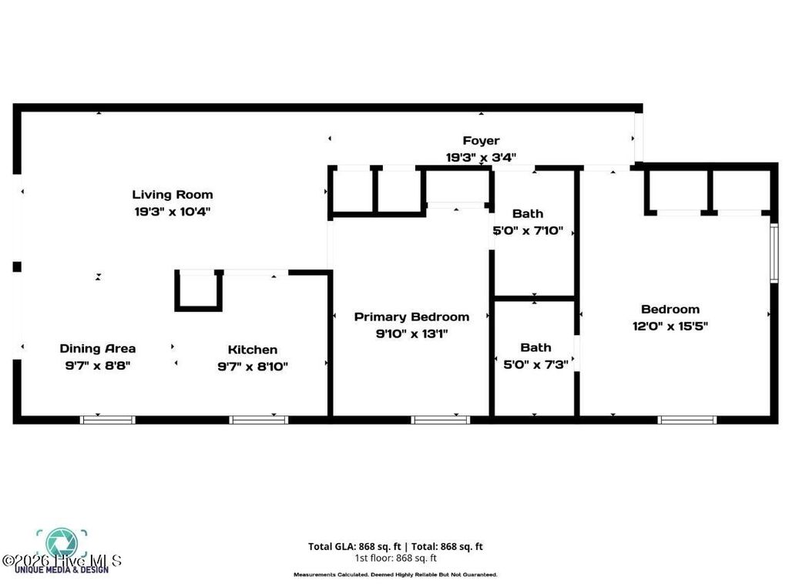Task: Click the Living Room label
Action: [x=172, y=195]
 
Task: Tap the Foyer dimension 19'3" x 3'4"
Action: [x=481, y=157]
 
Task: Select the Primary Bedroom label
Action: [x=411, y=317]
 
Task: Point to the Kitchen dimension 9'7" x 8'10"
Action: [x=252, y=367]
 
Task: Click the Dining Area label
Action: [x=98, y=348]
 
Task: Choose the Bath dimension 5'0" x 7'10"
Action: [x=528, y=230]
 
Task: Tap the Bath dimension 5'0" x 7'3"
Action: [x=536, y=364]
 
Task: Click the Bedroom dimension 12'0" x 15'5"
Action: [x=670, y=326]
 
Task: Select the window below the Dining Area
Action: [x=108, y=420]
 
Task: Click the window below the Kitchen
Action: [x=259, y=420]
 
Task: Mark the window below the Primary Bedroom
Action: [x=440, y=420]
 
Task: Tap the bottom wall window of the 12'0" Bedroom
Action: [x=687, y=420]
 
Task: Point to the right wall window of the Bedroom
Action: [x=774, y=253]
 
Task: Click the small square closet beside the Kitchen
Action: [x=198, y=290]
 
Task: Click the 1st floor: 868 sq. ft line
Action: [x=395, y=558]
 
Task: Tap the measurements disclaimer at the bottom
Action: [x=395, y=575]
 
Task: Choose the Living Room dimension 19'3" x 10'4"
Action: [x=172, y=211]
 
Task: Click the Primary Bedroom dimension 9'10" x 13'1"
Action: [x=411, y=334]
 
